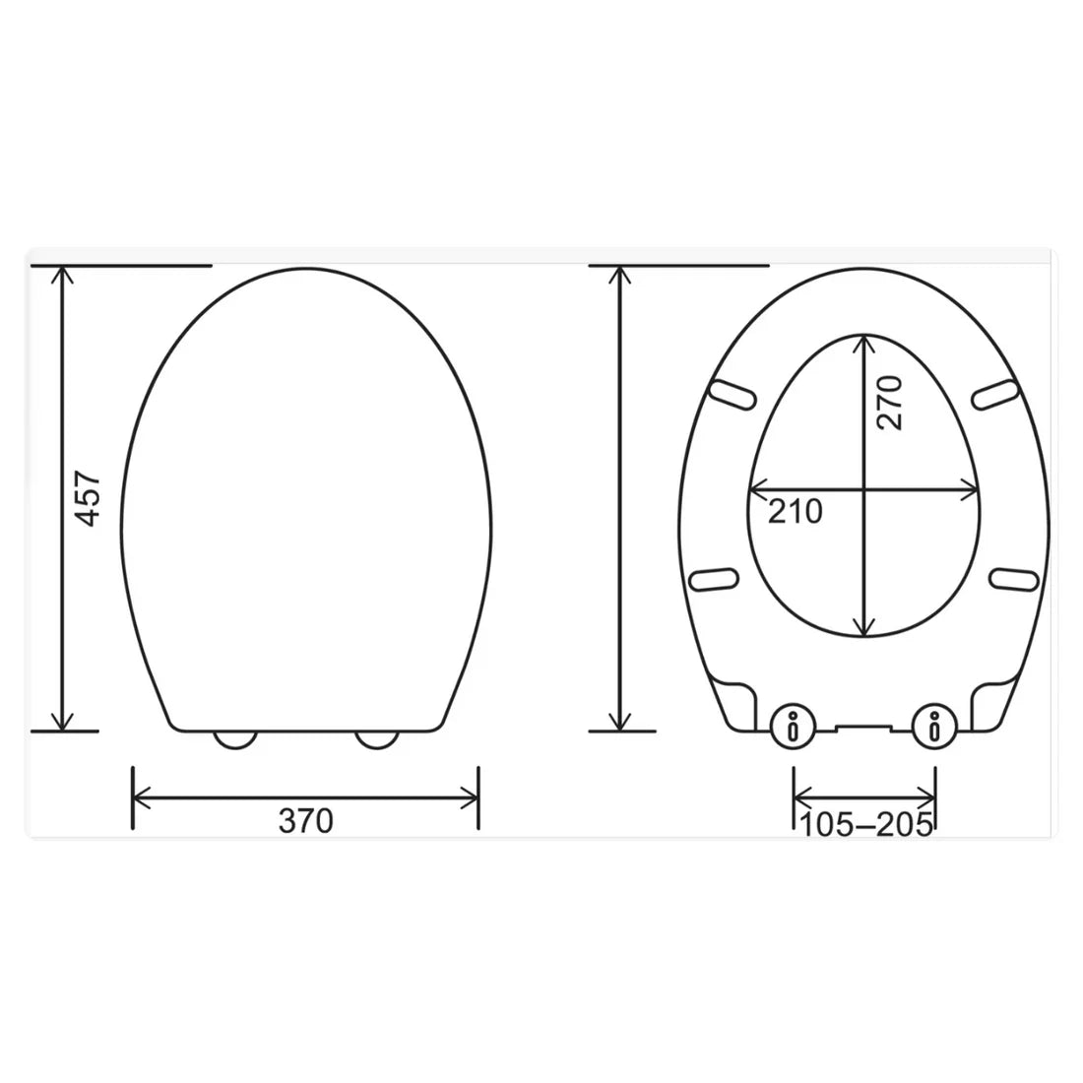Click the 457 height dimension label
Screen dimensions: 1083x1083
(x=89, y=497)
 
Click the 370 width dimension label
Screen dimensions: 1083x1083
(x=305, y=820)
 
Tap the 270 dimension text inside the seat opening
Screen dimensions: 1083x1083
(x=889, y=401)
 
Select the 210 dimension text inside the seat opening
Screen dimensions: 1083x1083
(x=795, y=511)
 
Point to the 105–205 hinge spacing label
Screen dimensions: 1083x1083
(x=865, y=826)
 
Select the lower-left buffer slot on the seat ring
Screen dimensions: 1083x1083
(x=716, y=579)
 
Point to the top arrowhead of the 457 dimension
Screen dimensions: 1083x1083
(x=64, y=275)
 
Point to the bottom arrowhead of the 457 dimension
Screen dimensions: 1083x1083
(x=64, y=723)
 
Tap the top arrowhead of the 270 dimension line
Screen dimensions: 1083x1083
(x=864, y=342)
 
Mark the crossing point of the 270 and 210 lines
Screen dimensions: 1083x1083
(x=864, y=489)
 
